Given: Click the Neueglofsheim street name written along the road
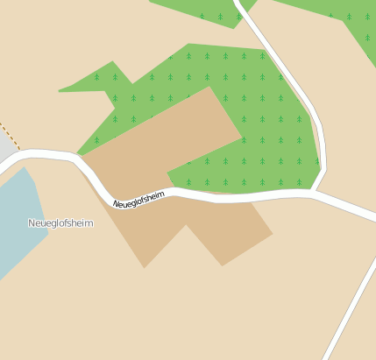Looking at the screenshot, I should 138,199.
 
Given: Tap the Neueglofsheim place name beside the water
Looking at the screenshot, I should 60,223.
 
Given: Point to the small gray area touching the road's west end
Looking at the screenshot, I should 6,151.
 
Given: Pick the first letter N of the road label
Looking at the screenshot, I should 116,205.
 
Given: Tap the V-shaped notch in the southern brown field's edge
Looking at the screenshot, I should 185,225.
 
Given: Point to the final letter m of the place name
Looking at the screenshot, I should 89,223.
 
